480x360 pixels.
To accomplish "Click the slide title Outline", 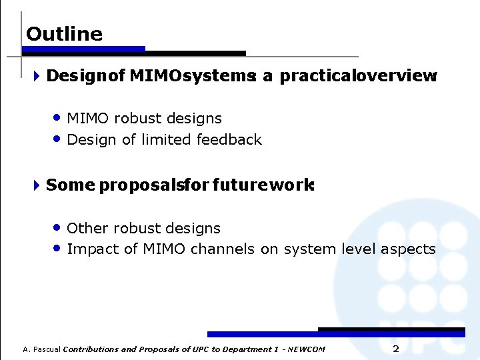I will click(64, 34).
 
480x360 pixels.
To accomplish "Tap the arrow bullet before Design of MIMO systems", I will click(37, 76).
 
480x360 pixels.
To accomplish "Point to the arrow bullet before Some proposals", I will click(37, 185).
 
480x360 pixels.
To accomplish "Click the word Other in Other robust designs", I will click(88, 228).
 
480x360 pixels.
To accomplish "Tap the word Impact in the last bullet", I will click(90, 249).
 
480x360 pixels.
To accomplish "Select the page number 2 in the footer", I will click(395, 349).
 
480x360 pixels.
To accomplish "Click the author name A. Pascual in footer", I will click(41, 349).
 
